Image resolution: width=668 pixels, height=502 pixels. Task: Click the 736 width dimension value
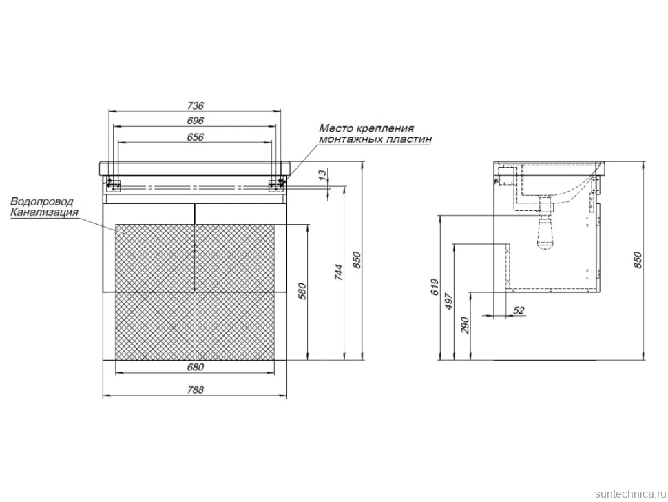click(x=195, y=105)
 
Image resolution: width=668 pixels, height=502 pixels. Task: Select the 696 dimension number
click(x=195, y=121)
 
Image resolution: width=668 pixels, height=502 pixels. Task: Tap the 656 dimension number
click(x=195, y=137)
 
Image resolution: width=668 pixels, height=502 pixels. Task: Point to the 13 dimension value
click(x=324, y=174)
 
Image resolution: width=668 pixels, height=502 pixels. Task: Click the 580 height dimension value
click(x=302, y=291)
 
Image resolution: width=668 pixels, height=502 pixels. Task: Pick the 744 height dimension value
click(x=338, y=272)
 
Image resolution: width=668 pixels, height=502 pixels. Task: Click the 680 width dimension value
click(x=195, y=367)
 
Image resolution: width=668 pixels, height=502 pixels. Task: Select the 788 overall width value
click(x=195, y=390)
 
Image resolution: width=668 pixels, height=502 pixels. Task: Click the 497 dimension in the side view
click(x=449, y=301)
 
